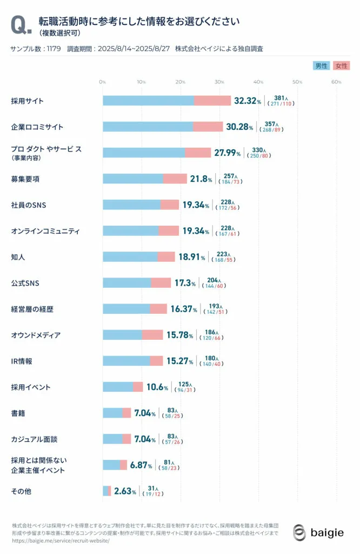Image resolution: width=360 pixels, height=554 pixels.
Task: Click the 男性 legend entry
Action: [322, 66]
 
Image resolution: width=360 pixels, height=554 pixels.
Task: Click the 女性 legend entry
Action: [342, 66]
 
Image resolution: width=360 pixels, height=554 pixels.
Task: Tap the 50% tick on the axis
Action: [297, 82]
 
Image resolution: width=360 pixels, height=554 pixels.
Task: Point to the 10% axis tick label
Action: [141, 82]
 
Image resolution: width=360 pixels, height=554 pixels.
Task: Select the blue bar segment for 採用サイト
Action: [148, 101]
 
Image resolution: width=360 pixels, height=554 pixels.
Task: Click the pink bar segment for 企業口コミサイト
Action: [208, 127]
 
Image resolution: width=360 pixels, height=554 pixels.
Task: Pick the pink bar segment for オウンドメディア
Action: [152, 335]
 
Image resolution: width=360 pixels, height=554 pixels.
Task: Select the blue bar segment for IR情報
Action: [126, 361]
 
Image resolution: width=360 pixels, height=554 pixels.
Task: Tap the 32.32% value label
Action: [248, 101]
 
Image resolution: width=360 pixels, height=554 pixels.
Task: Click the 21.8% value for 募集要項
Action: [201, 179]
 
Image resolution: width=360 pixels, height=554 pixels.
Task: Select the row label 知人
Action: [18, 257]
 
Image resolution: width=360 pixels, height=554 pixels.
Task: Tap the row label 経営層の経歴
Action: [32, 309]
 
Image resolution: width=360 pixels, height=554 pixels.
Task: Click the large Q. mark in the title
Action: [19, 25]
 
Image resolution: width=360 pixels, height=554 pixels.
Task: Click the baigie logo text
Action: [326, 533]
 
